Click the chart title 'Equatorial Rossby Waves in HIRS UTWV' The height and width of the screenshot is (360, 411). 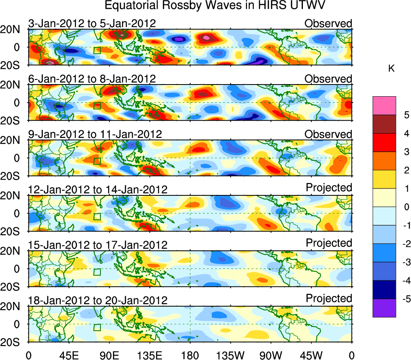point(215,6)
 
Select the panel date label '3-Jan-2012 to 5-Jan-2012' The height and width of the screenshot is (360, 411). point(92,23)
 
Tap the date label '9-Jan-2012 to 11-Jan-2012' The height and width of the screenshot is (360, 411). point(95,134)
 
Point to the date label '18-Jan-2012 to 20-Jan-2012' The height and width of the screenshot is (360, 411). point(98,300)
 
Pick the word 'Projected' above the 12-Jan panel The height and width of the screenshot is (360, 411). point(329,188)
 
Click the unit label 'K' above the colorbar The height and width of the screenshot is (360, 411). point(391,69)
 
